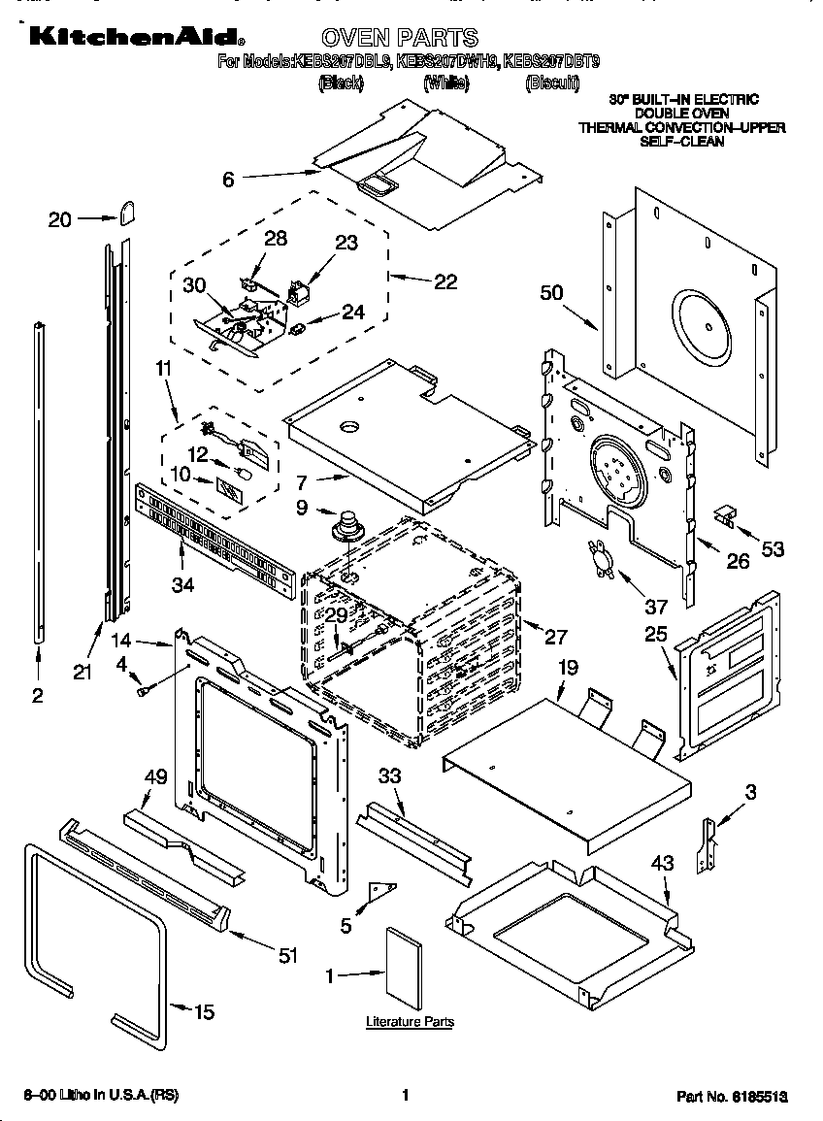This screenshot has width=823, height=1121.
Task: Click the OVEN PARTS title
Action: click(x=399, y=38)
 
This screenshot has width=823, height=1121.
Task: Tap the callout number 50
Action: click(x=551, y=292)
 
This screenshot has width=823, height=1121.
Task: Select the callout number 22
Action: click(x=444, y=281)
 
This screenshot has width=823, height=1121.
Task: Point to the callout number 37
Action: click(x=657, y=608)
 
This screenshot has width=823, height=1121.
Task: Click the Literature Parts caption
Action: click(x=410, y=1022)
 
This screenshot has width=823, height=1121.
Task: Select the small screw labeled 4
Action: click(x=146, y=690)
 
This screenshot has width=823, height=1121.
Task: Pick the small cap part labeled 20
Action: click(x=128, y=212)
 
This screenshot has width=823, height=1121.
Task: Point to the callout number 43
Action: click(x=662, y=862)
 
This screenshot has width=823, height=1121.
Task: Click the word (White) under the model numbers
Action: click(x=446, y=84)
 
